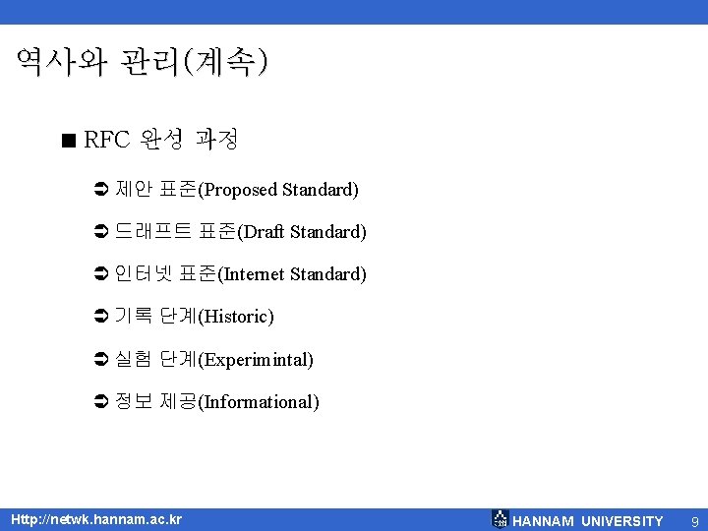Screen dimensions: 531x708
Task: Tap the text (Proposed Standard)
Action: point(278,189)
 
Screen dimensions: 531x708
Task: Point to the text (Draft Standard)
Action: point(302,232)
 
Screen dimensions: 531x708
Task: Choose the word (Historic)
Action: point(236,317)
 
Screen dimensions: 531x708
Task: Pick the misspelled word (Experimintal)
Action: point(256,360)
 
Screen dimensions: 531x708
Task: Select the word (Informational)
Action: point(259,402)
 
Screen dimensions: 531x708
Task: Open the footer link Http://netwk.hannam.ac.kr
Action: point(96,519)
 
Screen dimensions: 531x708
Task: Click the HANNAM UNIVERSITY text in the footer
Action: point(588,520)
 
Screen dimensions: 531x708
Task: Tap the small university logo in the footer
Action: point(500,519)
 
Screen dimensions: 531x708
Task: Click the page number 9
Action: point(694,520)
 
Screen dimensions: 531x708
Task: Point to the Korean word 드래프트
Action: point(153,231)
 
